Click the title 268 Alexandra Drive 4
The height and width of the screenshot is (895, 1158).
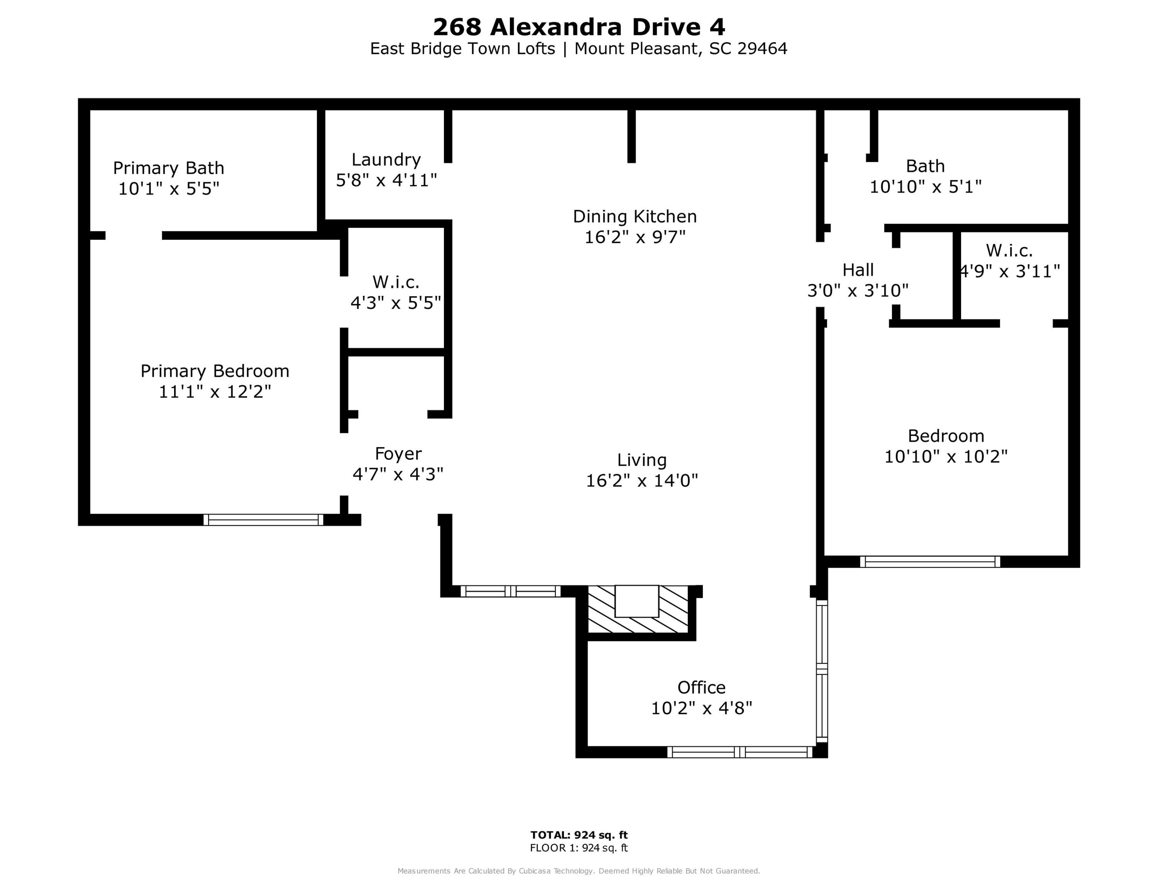coord(579,27)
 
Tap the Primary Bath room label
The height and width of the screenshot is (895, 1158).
coord(169,168)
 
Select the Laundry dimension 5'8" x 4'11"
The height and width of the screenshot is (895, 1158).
coord(386,180)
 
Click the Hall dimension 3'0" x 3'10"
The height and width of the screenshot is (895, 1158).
coord(857,291)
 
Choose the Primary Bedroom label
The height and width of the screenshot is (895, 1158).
coord(215,371)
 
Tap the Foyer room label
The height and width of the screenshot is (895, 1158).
coord(398,454)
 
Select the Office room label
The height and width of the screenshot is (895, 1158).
coord(701,688)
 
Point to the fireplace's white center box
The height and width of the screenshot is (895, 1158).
coord(636,601)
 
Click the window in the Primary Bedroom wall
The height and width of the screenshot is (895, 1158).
coord(263,520)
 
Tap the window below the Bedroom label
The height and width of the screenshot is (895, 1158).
coord(929,561)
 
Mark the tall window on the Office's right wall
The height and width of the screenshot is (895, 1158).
coord(821,671)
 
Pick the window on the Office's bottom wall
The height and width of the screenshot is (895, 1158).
coord(739,752)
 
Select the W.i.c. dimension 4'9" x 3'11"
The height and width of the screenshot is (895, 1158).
coord(1010,271)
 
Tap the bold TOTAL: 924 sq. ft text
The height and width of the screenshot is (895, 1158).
coord(579,835)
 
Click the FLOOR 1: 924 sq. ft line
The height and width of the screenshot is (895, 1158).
coord(579,848)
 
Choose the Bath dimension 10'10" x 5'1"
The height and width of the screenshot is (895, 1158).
coord(925,186)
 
